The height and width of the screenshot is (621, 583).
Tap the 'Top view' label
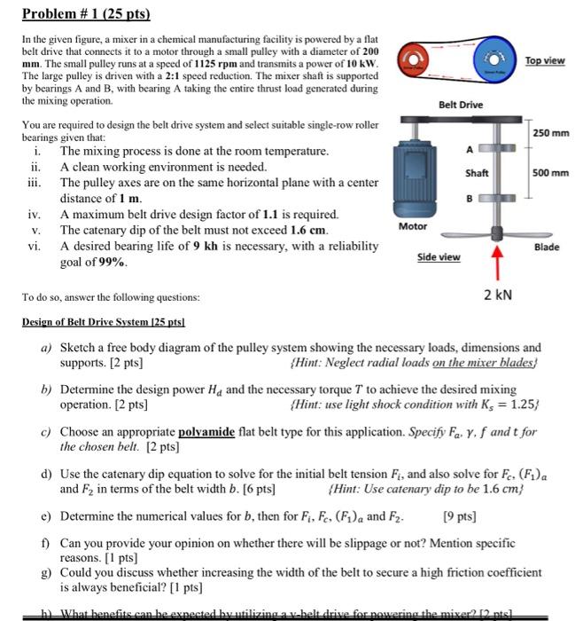pos(545,59)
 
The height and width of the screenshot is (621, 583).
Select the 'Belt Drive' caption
pos(461,105)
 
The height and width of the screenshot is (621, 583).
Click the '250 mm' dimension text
pos(550,133)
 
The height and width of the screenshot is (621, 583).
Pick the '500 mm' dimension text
pos(550,173)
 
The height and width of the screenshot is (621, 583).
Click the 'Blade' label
pos(547,247)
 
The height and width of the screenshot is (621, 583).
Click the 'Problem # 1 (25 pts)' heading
pos(86,14)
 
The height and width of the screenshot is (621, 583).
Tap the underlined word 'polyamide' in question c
pos(206,432)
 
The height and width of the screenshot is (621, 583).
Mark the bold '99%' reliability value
pos(112,263)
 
